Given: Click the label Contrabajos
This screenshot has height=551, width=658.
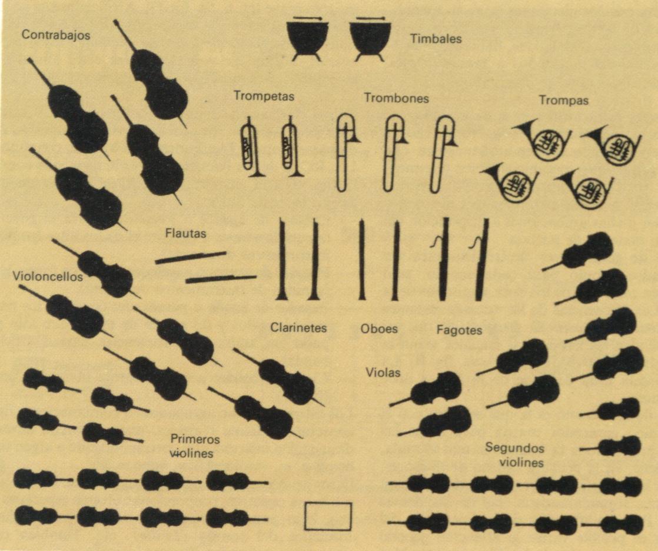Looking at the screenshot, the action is click(x=56, y=35).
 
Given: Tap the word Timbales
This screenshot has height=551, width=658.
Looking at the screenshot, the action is click(x=436, y=39).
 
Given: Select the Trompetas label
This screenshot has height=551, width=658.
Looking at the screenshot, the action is click(x=264, y=96).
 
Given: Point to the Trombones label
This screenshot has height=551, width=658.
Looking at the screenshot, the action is click(x=396, y=98).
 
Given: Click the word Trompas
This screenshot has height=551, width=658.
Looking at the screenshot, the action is click(x=564, y=101).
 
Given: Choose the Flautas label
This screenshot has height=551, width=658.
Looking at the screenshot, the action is click(x=185, y=233).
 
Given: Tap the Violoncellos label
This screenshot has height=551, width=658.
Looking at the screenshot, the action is click(x=48, y=276).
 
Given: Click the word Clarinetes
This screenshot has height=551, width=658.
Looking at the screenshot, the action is click(x=298, y=327).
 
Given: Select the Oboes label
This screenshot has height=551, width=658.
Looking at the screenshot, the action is click(x=379, y=328).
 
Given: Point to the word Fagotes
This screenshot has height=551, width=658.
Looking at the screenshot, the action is click(x=459, y=330).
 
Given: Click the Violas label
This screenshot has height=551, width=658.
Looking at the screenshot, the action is click(x=383, y=372).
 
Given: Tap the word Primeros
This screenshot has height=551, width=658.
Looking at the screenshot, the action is click(x=195, y=439).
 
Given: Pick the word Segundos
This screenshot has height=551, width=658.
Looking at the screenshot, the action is click(x=514, y=448).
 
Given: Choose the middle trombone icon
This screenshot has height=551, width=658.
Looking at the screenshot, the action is click(x=393, y=153).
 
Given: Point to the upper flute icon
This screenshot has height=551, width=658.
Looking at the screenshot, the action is click(x=191, y=258).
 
